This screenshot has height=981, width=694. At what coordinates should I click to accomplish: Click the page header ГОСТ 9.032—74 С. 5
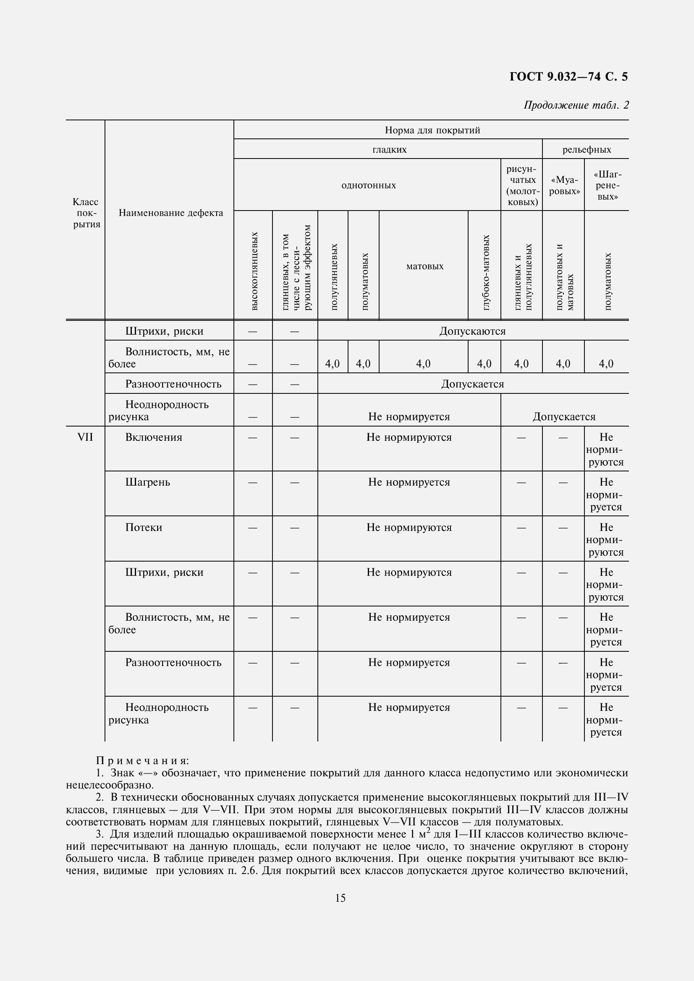pyautogui.click(x=568, y=77)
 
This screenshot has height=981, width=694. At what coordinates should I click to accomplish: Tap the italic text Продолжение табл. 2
pyautogui.click(x=576, y=105)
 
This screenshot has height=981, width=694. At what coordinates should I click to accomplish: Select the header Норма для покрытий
pyautogui.click(x=432, y=130)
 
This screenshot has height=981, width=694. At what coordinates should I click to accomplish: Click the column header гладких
pyautogui.click(x=389, y=150)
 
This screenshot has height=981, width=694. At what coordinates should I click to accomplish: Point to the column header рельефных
pyautogui.click(x=586, y=150)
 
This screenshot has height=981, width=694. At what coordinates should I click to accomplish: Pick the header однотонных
pyautogui.click(x=368, y=185)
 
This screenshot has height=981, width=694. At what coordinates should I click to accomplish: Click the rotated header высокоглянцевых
pyautogui.click(x=254, y=271)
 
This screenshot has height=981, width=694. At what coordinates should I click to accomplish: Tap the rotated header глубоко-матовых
pyautogui.click(x=486, y=272)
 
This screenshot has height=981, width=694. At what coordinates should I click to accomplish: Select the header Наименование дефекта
pyautogui.click(x=170, y=213)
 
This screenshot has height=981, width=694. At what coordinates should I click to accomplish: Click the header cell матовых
pyautogui.click(x=424, y=266)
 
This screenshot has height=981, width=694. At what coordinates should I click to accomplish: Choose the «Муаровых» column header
pyautogui.click(x=564, y=185)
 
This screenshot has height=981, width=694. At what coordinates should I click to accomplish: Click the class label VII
pyautogui.click(x=85, y=437)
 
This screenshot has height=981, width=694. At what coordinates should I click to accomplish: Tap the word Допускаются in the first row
pyautogui.click(x=472, y=331)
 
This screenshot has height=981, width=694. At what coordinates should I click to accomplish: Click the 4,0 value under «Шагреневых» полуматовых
pyautogui.click(x=606, y=364)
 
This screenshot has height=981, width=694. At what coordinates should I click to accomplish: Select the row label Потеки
pyautogui.click(x=144, y=527)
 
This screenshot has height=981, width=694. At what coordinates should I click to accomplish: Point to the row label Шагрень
pyautogui.click(x=147, y=482)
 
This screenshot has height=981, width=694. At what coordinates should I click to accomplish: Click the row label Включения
pyautogui.click(x=154, y=437)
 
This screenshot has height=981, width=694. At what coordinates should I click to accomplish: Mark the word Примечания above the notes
pyautogui.click(x=142, y=760)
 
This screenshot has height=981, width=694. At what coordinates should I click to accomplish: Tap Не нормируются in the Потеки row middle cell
pyautogui.click(x=409, y=527)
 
